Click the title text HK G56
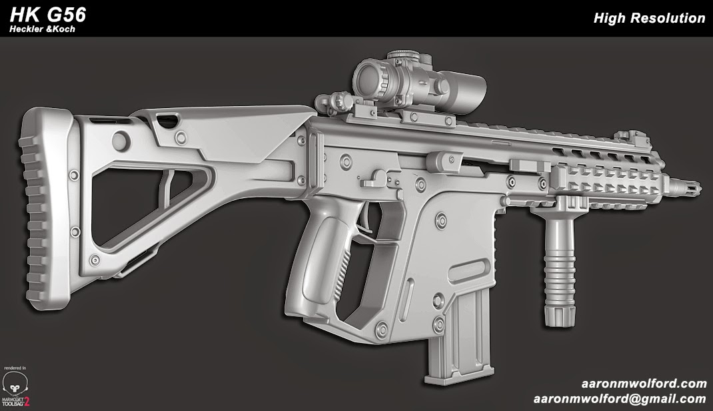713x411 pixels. (47, 15)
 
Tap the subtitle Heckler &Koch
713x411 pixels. (42, 30)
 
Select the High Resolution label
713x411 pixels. (648, 19)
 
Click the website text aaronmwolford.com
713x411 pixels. (643, 384)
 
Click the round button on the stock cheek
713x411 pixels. (121, 139)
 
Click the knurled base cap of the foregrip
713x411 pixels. (558, 314)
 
